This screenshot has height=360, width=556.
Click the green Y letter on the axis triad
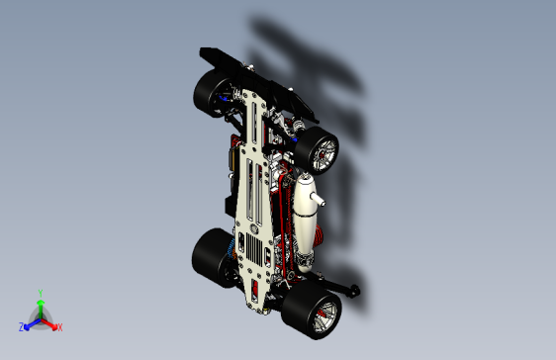click(x=40, y=293)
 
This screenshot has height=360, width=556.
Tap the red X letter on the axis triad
click(x=59, y=326)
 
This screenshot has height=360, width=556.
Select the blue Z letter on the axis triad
click(x=22, y=326)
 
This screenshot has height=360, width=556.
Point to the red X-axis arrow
click(x=50, y=323)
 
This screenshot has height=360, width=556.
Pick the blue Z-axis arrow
click(x=30, y=323)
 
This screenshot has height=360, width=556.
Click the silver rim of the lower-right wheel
click(x=323, y=315)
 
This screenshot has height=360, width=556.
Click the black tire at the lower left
click(x=209, y=256)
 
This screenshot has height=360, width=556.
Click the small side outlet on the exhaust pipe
click(x=320, y=202)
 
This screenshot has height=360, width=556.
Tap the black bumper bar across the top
click(x=247, y=68)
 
